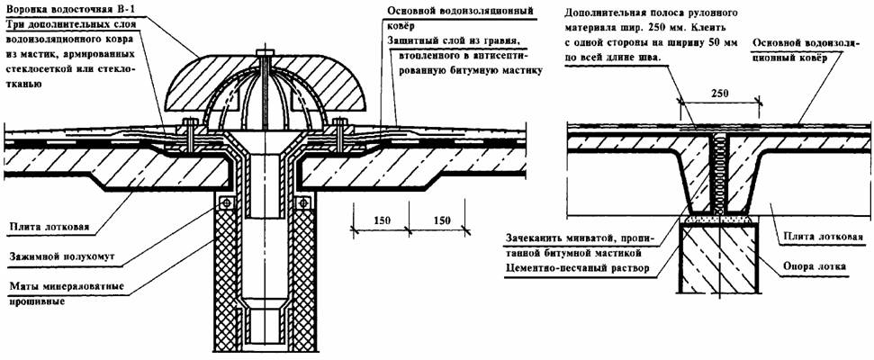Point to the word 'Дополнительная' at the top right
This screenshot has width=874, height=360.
pyautogui.click(x=606, y=14)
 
